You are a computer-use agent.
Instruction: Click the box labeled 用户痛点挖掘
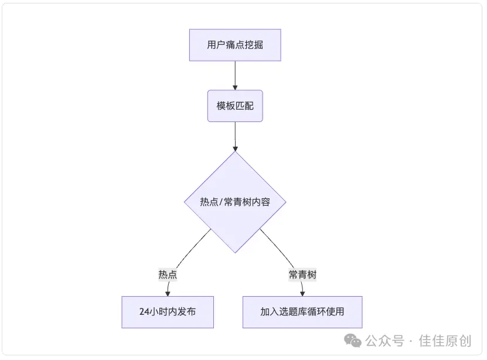235,45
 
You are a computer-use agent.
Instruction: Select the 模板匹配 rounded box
235,106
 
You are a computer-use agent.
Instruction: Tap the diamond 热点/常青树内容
235,202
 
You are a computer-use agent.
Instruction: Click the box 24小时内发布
168,312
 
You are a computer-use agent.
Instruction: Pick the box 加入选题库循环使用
302,312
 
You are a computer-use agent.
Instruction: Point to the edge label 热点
168,274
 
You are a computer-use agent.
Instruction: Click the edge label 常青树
302,274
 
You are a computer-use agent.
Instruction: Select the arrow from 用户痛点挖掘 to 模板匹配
235,75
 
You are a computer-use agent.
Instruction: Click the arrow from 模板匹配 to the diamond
235,136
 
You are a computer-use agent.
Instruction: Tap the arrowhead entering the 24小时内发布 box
168,293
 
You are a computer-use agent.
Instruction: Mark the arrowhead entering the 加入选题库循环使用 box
302,293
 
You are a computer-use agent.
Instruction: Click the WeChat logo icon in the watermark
352,340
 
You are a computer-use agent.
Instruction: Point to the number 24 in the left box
145,312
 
